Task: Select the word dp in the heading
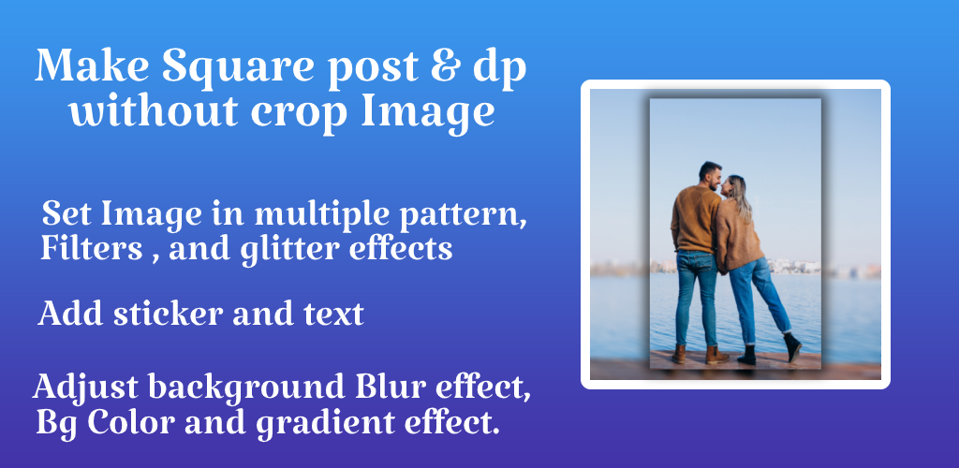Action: (x=500, y=68)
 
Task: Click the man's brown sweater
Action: (x=695, y=219)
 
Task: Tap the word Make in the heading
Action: (x=92, y=65)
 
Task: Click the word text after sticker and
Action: (x=334, y=314)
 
